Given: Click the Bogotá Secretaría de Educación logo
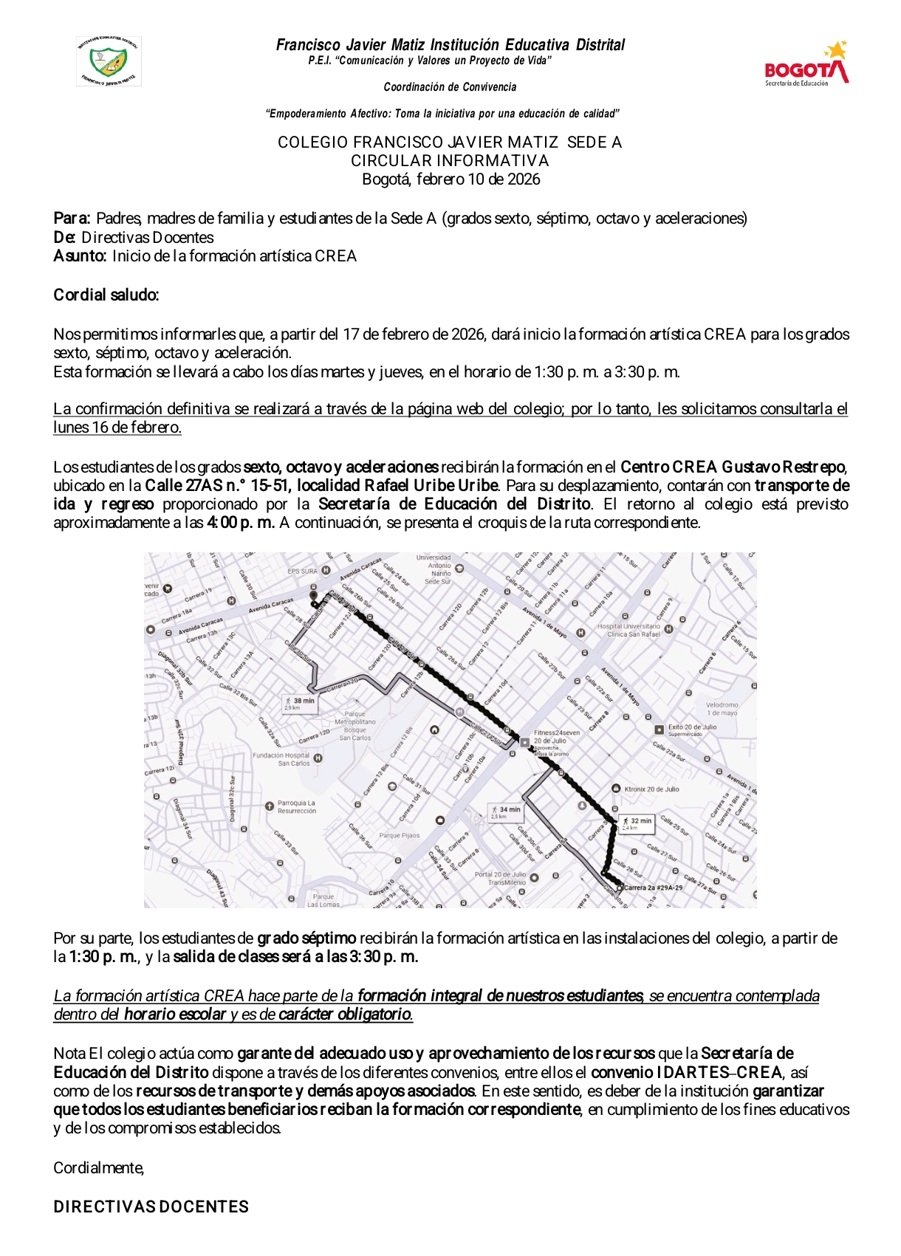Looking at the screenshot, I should click(806, 66).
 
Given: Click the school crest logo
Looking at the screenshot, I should click(109, 61).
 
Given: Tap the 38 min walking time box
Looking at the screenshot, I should click(299, 703).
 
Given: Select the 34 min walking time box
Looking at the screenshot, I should click(505, 811).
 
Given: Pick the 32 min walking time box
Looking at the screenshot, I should click(637, 823).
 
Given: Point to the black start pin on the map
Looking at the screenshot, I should click(313, 595).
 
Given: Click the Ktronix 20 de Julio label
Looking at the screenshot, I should click(651, 789).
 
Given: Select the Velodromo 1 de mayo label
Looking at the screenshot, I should click(721, 709).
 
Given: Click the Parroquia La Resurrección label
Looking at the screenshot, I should click(296, 806).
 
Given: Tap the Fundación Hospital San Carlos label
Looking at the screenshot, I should click(281, 759).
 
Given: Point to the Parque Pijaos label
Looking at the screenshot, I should click(399, 836).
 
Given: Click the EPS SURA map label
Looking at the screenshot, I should click(302, 571).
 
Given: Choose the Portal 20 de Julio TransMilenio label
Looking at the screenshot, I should click(500, 878).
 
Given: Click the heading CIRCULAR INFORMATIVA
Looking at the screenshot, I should click(450, 161).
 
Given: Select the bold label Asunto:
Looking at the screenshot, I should click(80, 256).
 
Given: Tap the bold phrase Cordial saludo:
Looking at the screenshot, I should click(106, 295).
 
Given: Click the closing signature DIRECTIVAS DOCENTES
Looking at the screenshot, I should click(151, 1207).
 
